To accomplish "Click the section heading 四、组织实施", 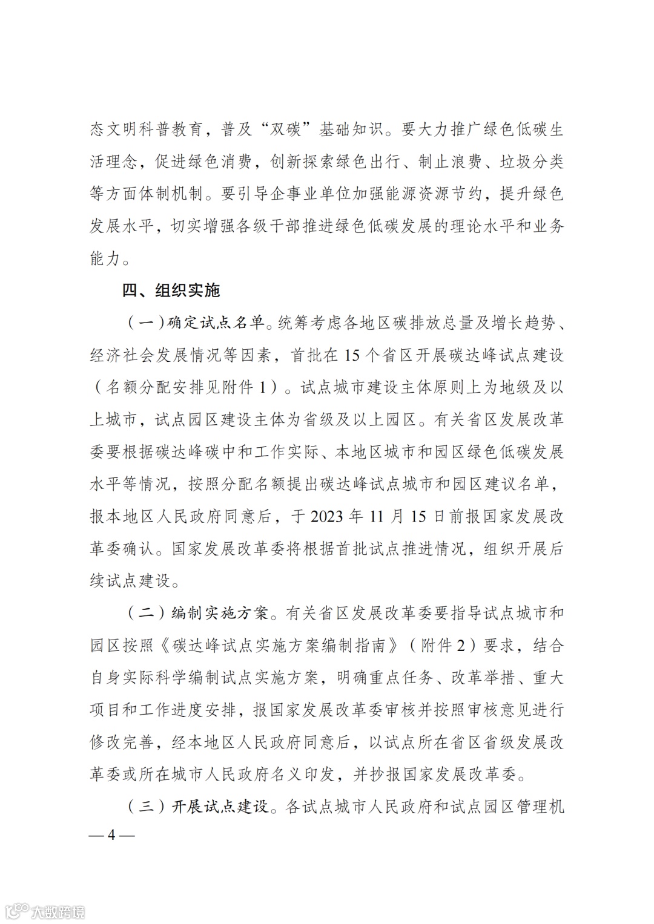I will [171, 290].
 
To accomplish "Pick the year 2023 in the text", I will [328, 516].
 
